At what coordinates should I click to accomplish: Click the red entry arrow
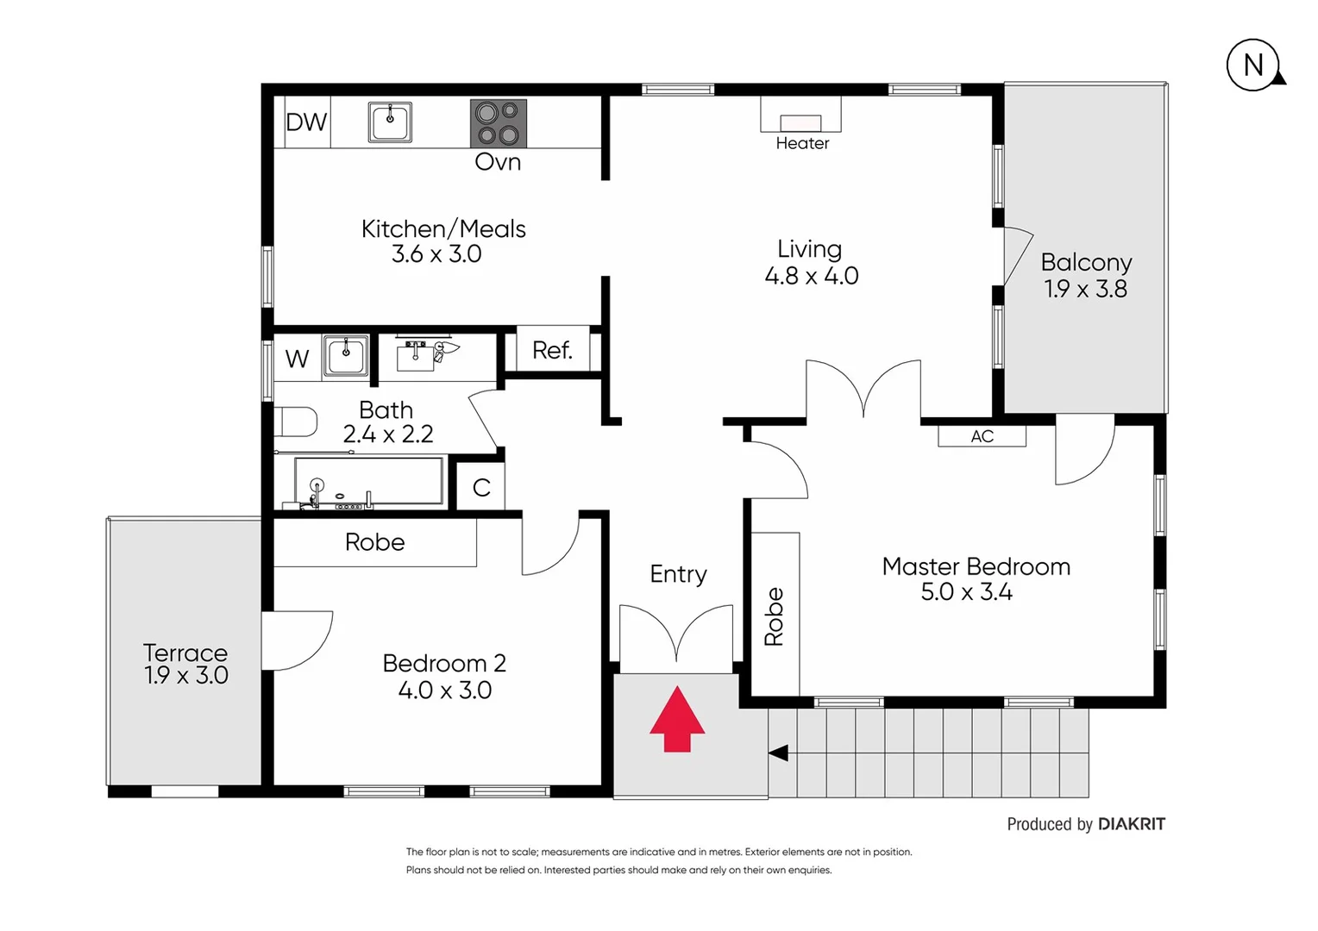click(x=677, y=720)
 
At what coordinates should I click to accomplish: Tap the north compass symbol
click(x=1253, y=66)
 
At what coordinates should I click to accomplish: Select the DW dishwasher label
click(x=306, y=122)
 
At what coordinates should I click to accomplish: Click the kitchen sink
click(x=390, y=122)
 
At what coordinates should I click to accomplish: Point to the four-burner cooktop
click(x=498, y=123)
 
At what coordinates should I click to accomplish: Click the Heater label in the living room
click(x=802, y=144)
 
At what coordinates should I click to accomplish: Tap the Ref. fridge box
click(x=552, y=350)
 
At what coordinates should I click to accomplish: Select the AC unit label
click(x=982, y=436)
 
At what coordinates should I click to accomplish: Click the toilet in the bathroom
click(x=295, y=422)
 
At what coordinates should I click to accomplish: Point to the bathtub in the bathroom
click(x=368, y=483)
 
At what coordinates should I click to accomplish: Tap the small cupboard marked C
click(x=481, y=488)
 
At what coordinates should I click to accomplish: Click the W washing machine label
click(x=297, y=359)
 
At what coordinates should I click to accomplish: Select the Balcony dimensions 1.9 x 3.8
click(x=1085, y=289)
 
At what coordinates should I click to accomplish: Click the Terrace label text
click(x=185, y=653)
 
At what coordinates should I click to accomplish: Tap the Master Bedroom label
click(x=976, y=566)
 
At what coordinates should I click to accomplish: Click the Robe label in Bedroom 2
click(x=374, y=542)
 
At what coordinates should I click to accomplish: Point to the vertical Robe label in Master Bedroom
click(x=774, y=616)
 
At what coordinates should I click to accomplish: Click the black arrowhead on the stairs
click(x=778, y=753)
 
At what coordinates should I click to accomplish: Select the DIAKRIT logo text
click(x=1131, y=824)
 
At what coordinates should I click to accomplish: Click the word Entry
click(x=678, y=574)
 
